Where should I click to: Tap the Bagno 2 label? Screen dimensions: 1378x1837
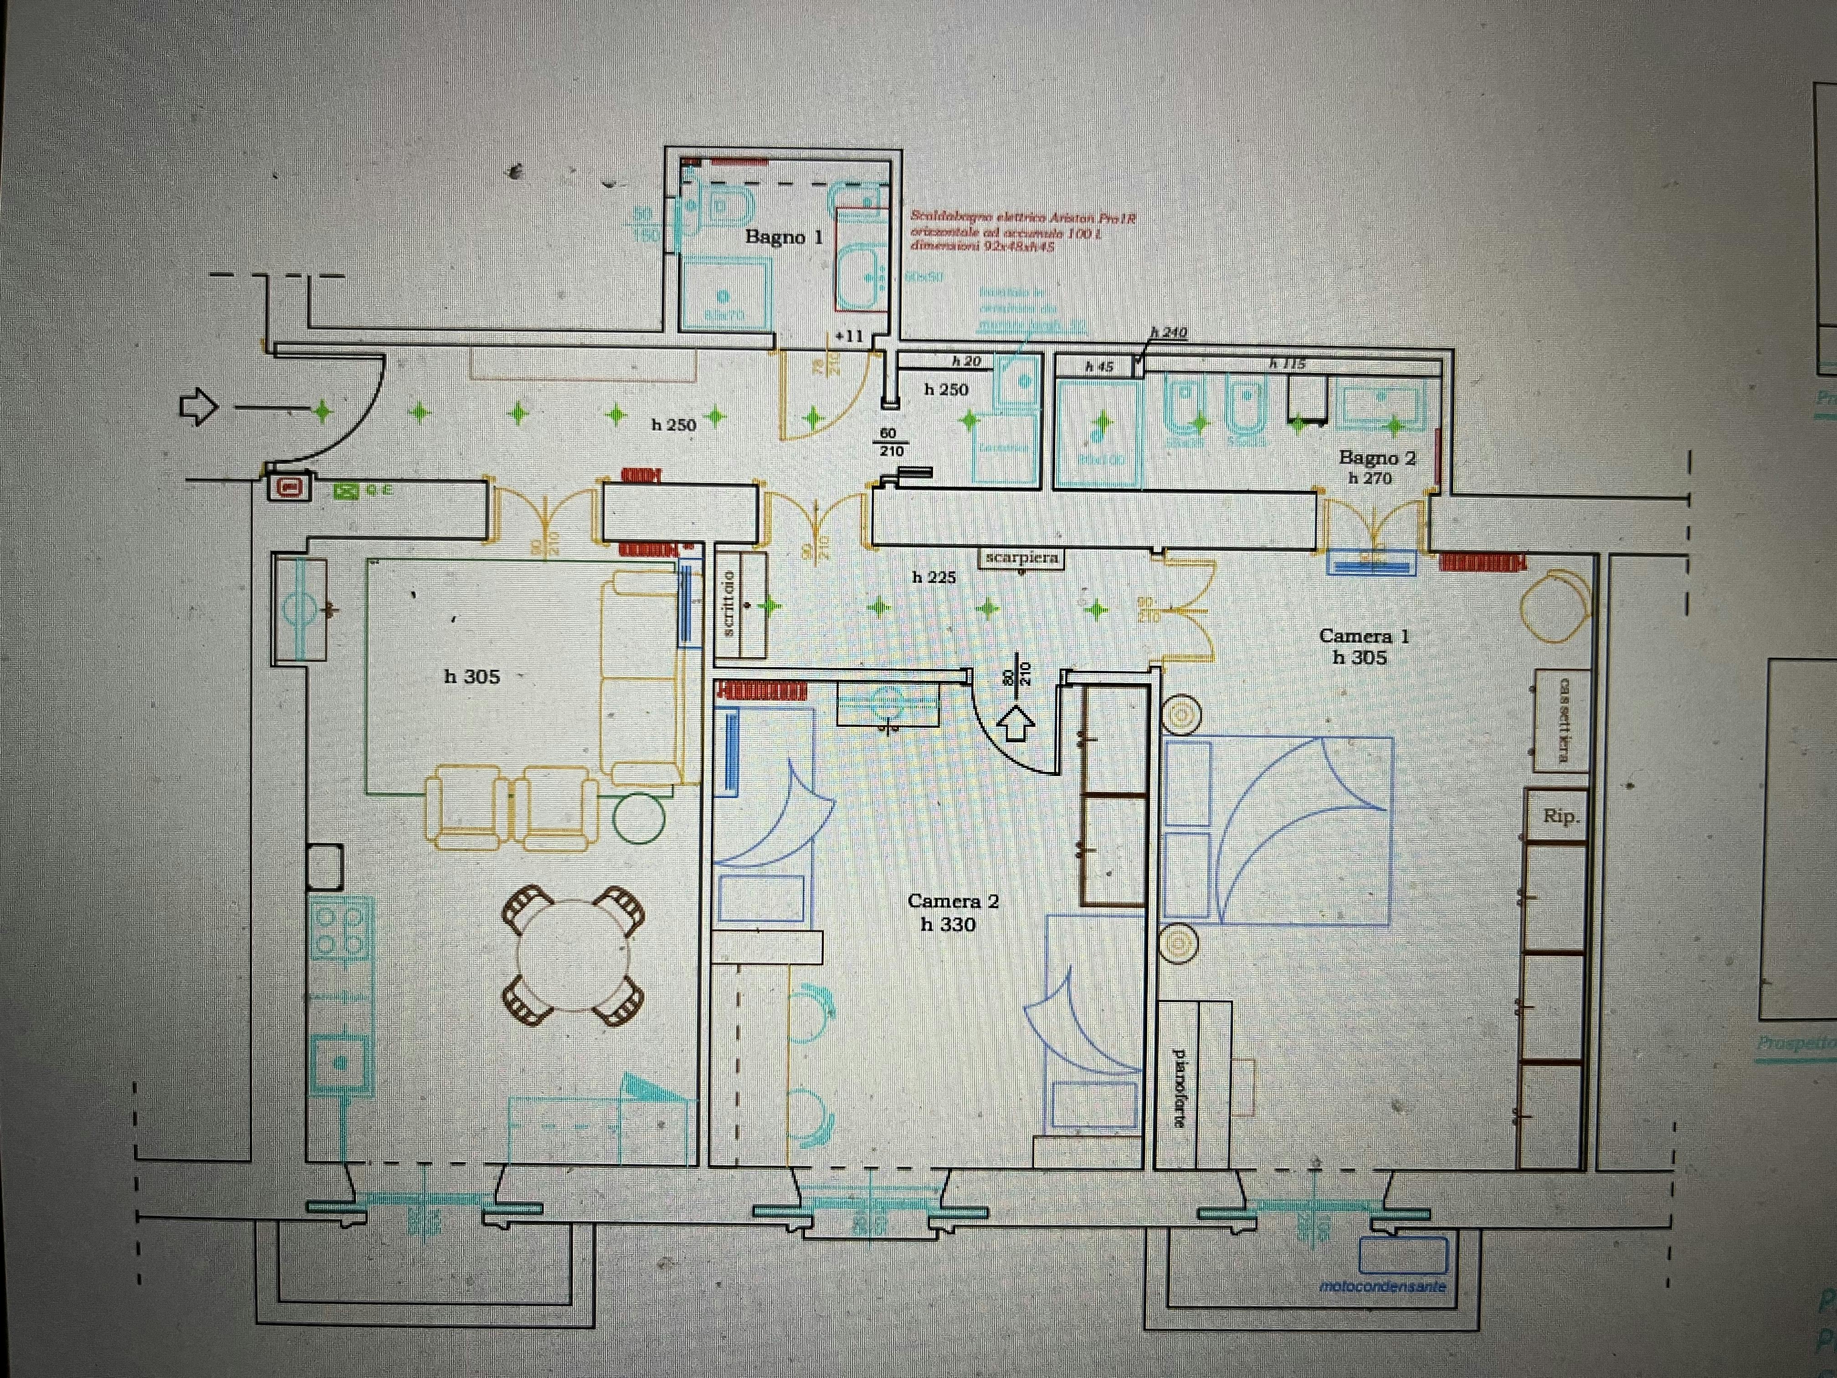[1377, 458]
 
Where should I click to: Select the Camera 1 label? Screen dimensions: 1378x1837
[1364, 636]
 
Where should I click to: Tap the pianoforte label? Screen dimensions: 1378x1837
[1178, 1087]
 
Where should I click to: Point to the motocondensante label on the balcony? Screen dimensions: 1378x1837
[1383, 1286]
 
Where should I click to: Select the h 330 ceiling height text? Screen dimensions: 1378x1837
[948, 925]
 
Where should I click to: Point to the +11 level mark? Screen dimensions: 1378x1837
[849, 336]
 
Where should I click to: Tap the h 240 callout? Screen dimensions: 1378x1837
[1169, 332]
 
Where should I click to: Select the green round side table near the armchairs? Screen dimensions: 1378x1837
[639, 818]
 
